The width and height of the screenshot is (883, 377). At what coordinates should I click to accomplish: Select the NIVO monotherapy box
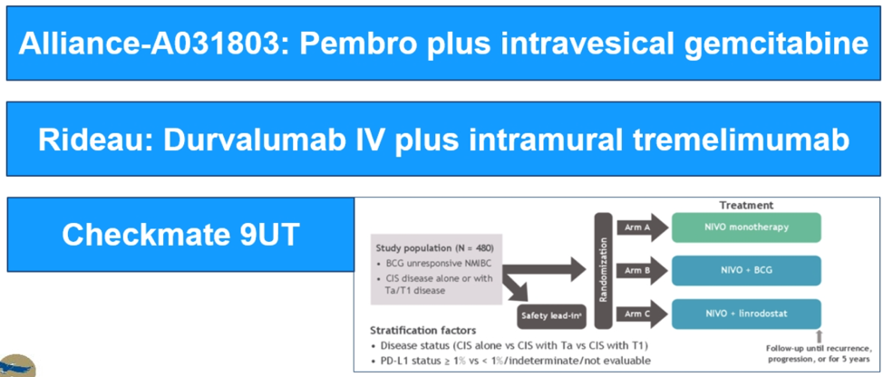pos(745,227)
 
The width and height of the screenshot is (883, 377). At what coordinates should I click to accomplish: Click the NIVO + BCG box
pos(745,270)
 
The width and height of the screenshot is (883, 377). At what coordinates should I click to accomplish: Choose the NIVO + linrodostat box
pos(745,314)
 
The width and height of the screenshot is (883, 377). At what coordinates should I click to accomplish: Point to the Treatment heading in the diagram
pos(746,206)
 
